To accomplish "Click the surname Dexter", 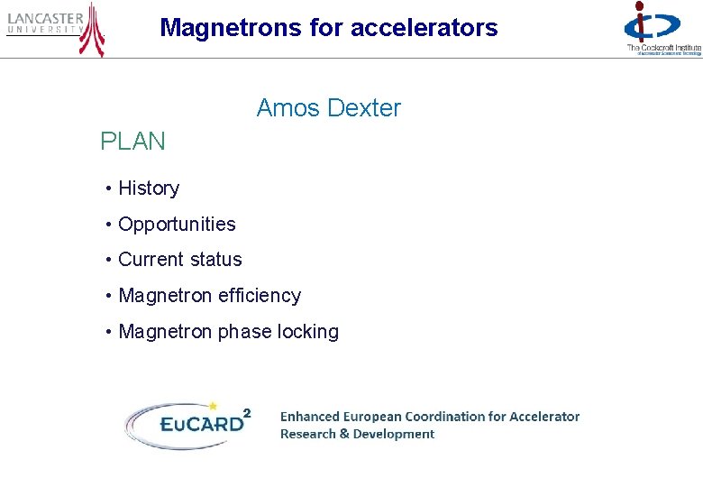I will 364,108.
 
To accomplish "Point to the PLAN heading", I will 132,142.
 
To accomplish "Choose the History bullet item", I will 149,188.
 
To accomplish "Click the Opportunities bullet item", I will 177,225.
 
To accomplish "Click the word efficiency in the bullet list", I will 258,296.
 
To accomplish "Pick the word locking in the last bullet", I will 308,332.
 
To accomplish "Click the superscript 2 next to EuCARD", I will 247,413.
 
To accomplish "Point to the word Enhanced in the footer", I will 310,417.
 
